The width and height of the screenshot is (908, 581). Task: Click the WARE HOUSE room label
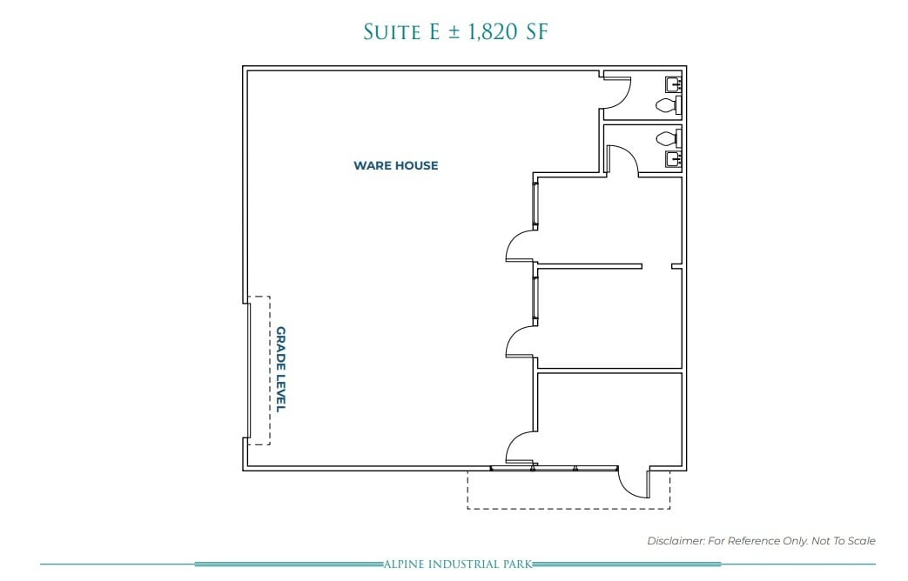click(395, 165)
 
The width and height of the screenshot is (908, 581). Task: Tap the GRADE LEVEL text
click(281, 369)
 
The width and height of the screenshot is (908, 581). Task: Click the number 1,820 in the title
click(487, 32)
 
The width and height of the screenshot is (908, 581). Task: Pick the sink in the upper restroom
click(673, 84)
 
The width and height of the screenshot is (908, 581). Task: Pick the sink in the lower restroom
click(673, 158)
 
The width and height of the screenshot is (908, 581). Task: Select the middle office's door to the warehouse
click(521, 342)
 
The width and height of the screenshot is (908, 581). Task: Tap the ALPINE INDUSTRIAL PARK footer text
click(458, 564)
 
